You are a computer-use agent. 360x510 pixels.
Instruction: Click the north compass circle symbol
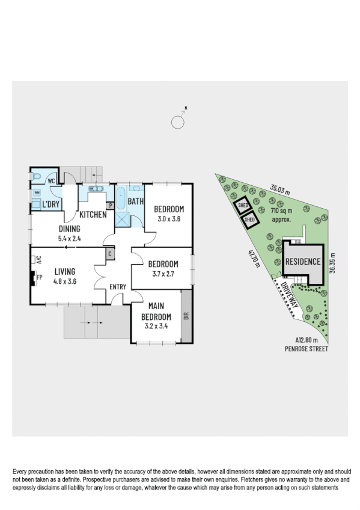(x=178, y=122)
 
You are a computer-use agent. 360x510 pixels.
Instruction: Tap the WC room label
(x=52, y=180)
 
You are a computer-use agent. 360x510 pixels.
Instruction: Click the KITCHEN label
(x=93, y=214)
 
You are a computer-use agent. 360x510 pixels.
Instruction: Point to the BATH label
(x=135, y=202)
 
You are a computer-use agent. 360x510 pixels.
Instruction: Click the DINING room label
(x=70, y=229)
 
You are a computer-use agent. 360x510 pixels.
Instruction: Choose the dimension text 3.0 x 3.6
(x=167, y=219)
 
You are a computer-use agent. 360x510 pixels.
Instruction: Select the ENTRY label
(x=118, y=287)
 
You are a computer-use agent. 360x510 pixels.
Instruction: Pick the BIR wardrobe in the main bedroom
(x=186, y=315)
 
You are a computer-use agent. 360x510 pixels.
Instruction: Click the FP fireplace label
(x=40, y=277)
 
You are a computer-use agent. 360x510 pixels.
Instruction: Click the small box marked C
(x=110, y=254)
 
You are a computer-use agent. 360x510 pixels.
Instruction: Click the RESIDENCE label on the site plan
(x=303, y=262)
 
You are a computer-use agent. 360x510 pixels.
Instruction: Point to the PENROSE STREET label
(x=308, y=348)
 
